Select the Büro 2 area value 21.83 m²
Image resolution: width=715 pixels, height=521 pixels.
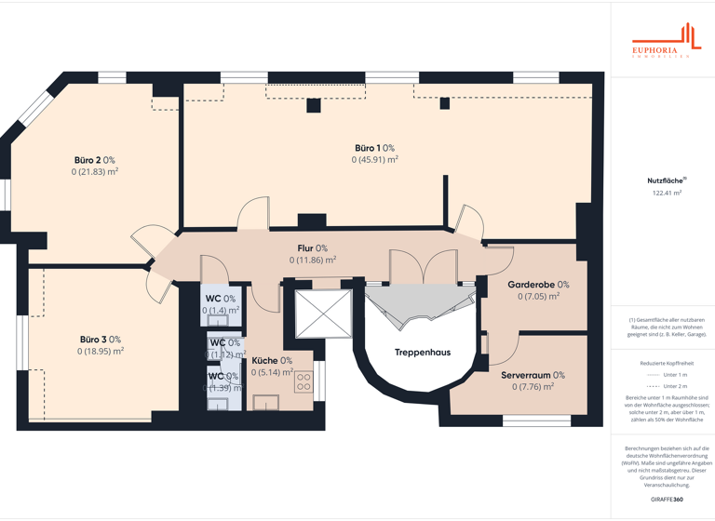click(94, 172)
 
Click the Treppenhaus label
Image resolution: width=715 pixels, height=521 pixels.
click(422, 353)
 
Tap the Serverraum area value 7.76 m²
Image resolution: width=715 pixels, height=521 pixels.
click(533, 387)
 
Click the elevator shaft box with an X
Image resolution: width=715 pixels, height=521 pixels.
click(324, 314)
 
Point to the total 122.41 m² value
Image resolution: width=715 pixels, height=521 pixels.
click(667, 194)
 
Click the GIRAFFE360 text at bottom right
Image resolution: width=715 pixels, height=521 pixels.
click(667, 500)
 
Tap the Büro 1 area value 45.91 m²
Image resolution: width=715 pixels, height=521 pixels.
click(374, 160)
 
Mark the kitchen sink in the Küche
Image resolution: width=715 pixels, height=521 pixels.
click(267, 403)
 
